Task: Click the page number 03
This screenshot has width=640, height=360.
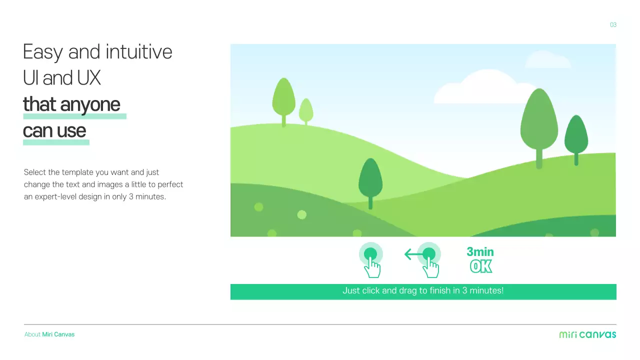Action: point(613,25)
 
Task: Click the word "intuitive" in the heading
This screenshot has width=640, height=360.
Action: point(144,52)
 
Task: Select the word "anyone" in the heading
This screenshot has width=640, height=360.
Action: point(90,104)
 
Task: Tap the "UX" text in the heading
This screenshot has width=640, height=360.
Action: point(89,78)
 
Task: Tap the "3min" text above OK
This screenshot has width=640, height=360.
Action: point(480,252)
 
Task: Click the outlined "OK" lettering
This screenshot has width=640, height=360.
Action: point(481,266)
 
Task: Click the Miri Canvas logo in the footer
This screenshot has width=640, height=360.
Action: point(587,334)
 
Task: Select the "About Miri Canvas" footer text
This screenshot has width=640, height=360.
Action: point(49,334)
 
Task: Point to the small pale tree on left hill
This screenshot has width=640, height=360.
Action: point(306,110)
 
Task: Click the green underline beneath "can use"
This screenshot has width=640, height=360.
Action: point(56,142)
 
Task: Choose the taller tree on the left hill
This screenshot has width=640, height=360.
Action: point(283,97)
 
